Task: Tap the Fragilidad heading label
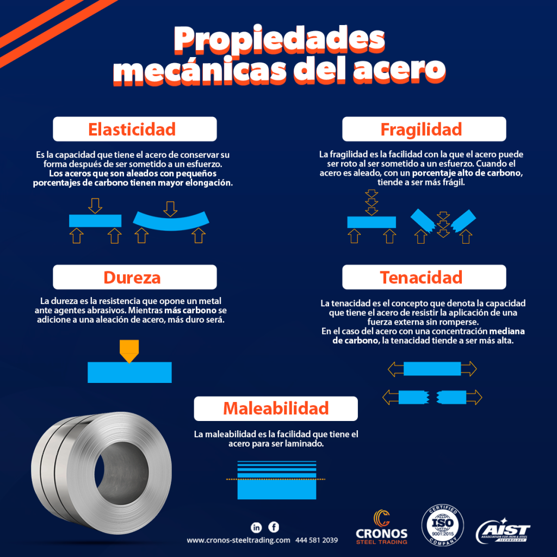421,129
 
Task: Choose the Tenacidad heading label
421,277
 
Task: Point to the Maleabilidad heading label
275,409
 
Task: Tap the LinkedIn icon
257,527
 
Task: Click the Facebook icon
274,527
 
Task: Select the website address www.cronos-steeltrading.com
238,541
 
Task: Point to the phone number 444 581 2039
317,541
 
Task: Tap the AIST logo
503,530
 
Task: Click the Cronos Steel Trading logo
381,527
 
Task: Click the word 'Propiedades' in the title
278,41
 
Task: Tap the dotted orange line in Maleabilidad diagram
276,479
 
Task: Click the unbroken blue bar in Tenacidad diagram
432,369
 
